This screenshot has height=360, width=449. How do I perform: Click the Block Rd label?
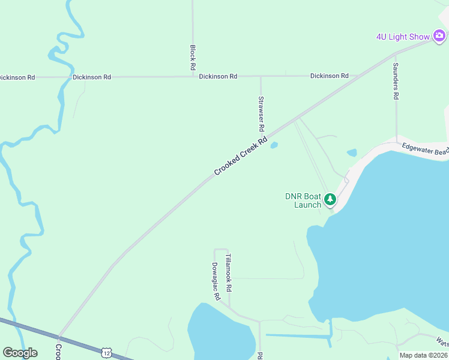click(x=193, y=57)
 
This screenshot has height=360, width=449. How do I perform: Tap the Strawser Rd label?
click(x=261, y=114)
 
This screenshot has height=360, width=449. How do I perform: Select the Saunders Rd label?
click(x=396, y=80)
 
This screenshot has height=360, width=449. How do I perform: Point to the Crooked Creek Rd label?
click(x=240, y=157)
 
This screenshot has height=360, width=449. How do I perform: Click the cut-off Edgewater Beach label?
click(x=425, y=148)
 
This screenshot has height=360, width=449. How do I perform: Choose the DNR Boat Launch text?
click(x=304, y=200)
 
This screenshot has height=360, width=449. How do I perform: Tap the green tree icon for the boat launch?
click(x=330, y=199)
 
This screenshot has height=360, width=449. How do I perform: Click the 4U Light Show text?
click(x=403, y=37)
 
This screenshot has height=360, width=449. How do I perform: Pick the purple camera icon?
click(x=439, y=37)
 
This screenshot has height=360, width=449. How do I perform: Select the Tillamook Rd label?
click(x=228, y=273)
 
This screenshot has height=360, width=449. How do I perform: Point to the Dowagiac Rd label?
click(x=215, y=281)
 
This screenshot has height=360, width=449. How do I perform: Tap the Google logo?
click(x=20, y=353)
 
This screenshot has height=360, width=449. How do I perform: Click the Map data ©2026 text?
click(x=423, y=355)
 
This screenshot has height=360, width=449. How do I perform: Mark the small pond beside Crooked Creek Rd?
click(x=274, y=145)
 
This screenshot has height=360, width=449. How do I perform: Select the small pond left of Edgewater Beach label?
click(x=352, y=152)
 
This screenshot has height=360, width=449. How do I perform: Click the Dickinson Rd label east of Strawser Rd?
click(x=329, y=76)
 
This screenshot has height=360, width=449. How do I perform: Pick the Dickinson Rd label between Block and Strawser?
click(x=218, y=77)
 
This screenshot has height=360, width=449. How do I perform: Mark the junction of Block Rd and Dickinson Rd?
click(x=193, y=77)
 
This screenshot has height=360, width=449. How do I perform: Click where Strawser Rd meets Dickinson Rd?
click(x=261, y=76)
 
